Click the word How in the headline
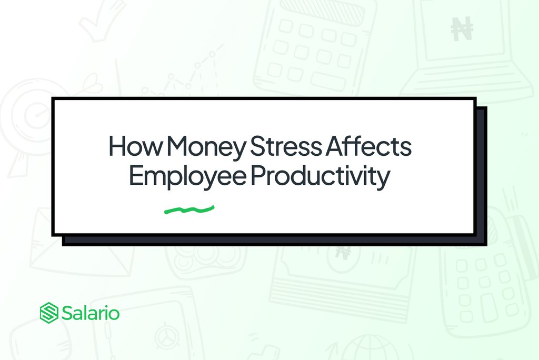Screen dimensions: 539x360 135,146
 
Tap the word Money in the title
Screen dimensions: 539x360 206,148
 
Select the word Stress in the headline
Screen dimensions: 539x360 286,146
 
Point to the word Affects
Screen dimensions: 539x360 368,146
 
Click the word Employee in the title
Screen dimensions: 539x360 188,177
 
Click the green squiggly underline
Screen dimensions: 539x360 189,209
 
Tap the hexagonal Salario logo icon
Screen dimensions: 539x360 49,313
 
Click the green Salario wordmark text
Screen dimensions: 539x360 91,313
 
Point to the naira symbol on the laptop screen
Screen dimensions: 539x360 462,28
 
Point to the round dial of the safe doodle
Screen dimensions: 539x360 167,336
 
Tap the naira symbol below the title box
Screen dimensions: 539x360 343,253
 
